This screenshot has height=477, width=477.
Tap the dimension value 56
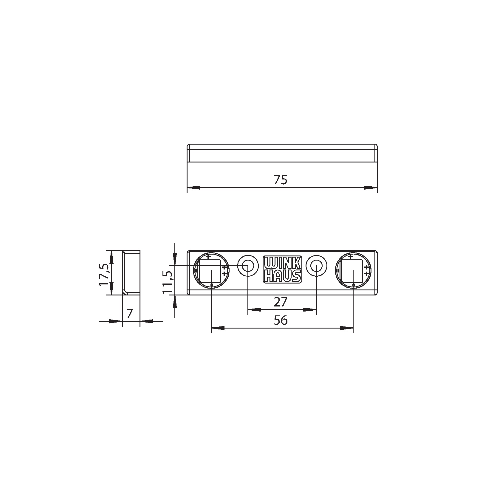(x=280, y=320)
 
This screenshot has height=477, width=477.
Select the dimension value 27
(x=280, y=302)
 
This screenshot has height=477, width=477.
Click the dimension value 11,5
(x=168, y=282)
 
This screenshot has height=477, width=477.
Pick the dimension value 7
(x=129, y=314)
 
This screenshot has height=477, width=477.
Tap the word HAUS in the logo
(x=282, y=275)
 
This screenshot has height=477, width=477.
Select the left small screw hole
(x=248, y=265)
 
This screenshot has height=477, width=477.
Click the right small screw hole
(x=316, y=265)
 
